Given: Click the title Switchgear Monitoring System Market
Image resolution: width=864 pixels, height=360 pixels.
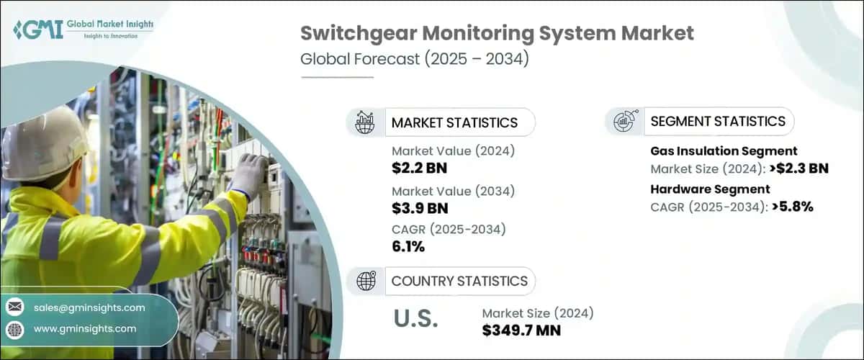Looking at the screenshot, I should [497, 33].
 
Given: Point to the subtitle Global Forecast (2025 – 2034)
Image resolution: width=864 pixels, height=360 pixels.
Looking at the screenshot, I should [415, 59].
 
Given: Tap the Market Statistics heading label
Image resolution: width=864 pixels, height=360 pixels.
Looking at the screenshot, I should [454, 122].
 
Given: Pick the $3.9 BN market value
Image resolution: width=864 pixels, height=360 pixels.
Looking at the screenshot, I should [420, 209].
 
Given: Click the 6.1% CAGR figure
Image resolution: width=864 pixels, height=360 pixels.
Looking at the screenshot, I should [408, 247].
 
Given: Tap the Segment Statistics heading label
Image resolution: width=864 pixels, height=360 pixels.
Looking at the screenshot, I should [718, 122].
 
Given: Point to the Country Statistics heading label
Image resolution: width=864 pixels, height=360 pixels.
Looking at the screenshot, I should [459, 281].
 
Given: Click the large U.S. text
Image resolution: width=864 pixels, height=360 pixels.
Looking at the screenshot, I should [416, 319].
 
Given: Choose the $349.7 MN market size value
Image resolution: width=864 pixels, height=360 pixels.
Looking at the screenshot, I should [521, 330].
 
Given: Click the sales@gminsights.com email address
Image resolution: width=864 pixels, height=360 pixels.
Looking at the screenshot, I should [89, 307].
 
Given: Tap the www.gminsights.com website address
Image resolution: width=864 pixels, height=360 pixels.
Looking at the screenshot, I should [85, 328].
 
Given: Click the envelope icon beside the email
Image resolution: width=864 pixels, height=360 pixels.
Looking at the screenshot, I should [14, 307].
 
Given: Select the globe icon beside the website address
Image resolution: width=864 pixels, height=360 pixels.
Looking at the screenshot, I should [14, 329].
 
